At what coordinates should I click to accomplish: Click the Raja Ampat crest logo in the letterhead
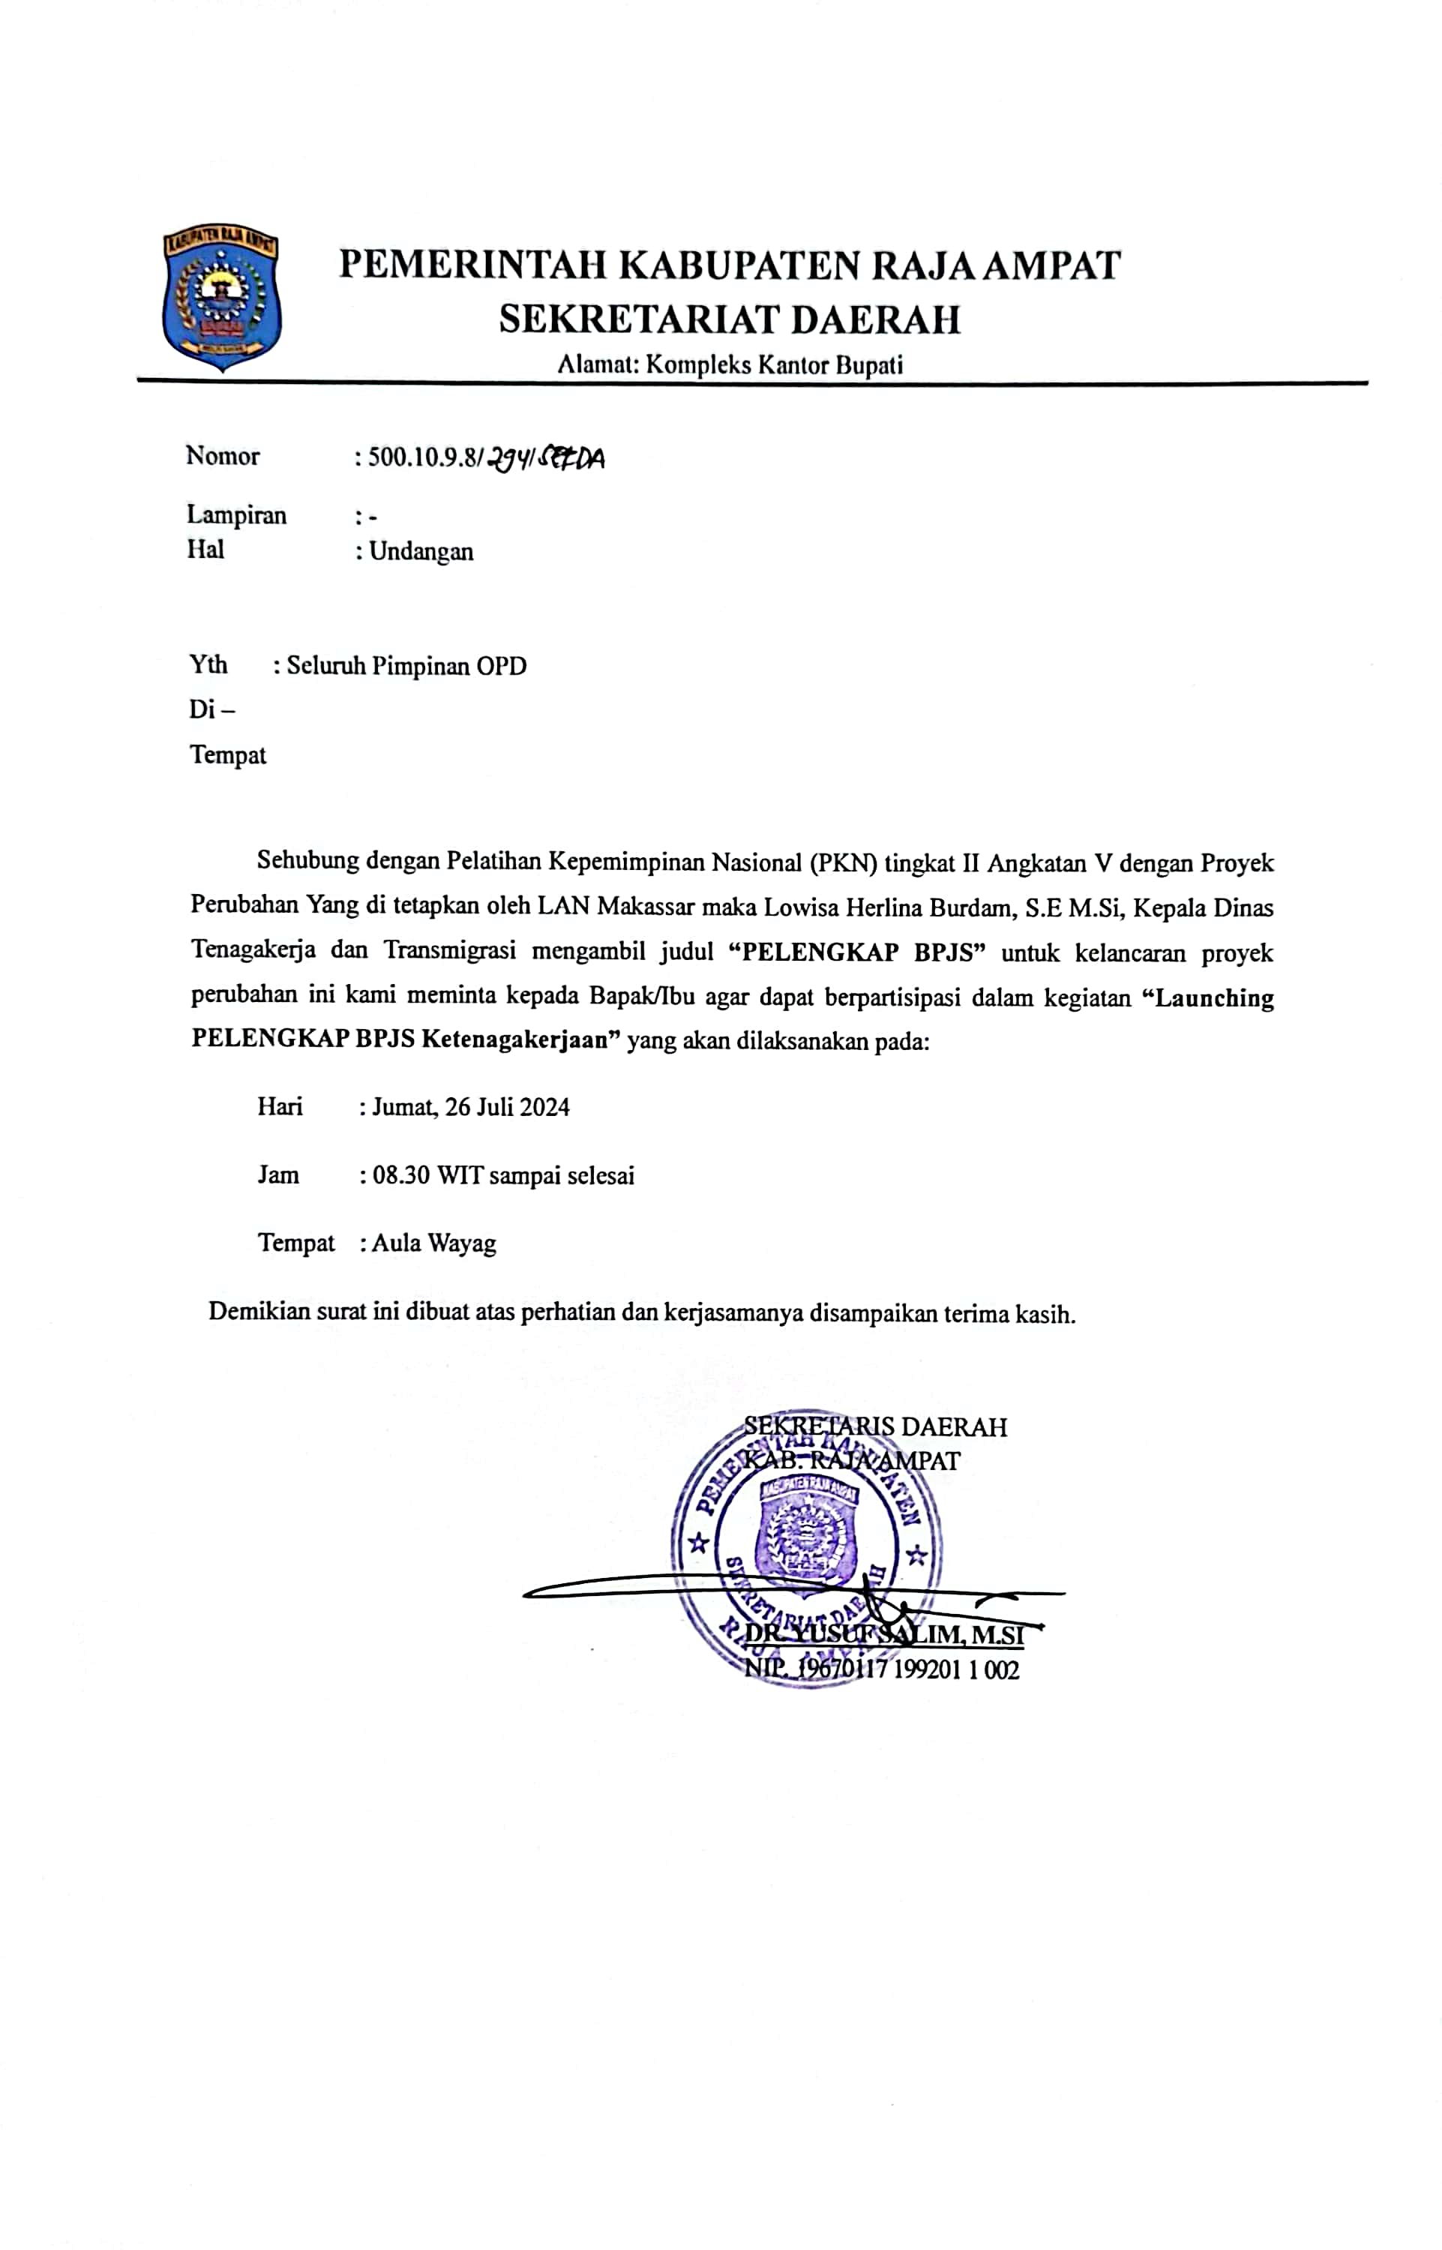coord(221,300)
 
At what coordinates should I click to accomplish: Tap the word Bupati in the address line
coord(869,365)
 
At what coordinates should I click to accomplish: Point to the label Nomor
coord(223,456)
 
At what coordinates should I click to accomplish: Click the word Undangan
coord(421,551)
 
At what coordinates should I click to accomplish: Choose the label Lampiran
coord(236,515)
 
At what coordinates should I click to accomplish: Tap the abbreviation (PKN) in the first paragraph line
coord(843,862)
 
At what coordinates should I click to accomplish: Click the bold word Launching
coord(1215,997)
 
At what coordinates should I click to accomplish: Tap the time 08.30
coord(400,1175)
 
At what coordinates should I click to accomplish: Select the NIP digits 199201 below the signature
coord(928,1669)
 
